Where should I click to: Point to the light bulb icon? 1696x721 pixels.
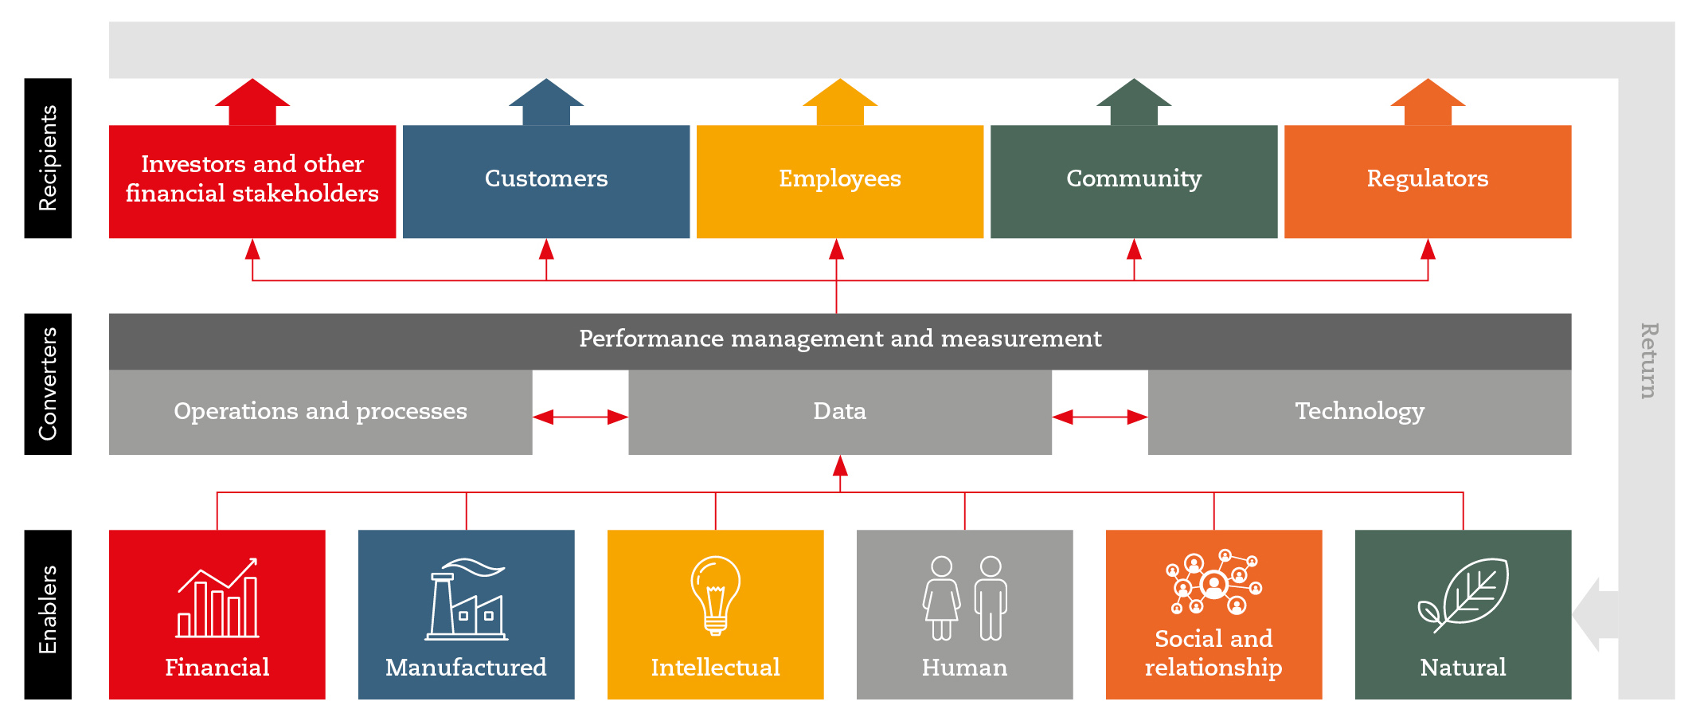[715, 594]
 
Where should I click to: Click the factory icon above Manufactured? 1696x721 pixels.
[467, 599]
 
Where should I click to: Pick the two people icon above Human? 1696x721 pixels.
[964, 598]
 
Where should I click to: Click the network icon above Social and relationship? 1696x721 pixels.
[1213, 582]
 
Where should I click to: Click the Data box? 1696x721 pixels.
[839, 412]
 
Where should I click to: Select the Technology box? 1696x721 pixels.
[1359, 412]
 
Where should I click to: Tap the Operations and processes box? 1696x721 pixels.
[320, 412]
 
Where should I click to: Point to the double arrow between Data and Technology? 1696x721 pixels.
[1100, 417]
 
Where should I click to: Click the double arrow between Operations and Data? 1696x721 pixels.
[580, 417]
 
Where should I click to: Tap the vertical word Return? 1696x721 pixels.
[1647, 360]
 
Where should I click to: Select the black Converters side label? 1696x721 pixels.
[48, 384]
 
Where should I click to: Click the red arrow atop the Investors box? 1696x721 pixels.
[252, 101]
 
